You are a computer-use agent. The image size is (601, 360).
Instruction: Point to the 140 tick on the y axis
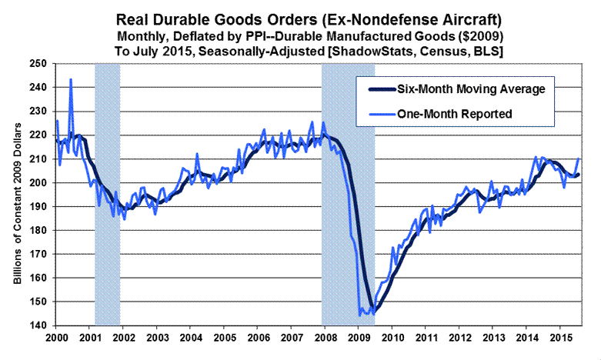[x=37, y=325]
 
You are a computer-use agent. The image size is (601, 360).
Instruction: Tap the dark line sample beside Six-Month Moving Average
[x=376, y=89]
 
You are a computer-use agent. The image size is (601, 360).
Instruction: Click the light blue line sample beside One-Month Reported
[x=376, y=113]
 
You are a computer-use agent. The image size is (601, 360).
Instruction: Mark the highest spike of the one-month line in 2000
[x=71, y=79]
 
